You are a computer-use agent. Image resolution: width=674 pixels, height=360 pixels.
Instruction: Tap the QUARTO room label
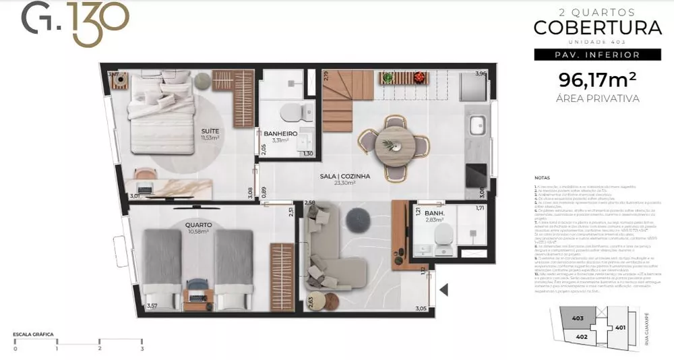[x=201, y=224]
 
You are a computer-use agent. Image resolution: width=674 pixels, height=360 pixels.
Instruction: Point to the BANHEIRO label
[x=281, y=133]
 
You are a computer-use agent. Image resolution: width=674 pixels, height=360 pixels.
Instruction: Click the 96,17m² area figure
[x=598, y=80]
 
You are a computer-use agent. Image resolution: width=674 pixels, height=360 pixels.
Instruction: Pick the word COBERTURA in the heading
[x=597, y=28]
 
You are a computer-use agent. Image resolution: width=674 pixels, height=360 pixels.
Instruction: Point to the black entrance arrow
[x=443, y=289]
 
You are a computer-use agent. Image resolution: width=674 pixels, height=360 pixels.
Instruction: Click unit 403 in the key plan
[x=578, y=319]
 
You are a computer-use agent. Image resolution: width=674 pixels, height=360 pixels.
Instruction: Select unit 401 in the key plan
[x=621, y=328]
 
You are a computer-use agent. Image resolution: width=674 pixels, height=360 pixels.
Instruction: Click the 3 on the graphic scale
[x=142, y=349]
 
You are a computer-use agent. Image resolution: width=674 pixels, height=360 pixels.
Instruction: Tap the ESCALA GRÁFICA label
[x=33, y=334]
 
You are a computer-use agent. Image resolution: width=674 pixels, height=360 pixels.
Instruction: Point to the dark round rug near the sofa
[x=357, y=220]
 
